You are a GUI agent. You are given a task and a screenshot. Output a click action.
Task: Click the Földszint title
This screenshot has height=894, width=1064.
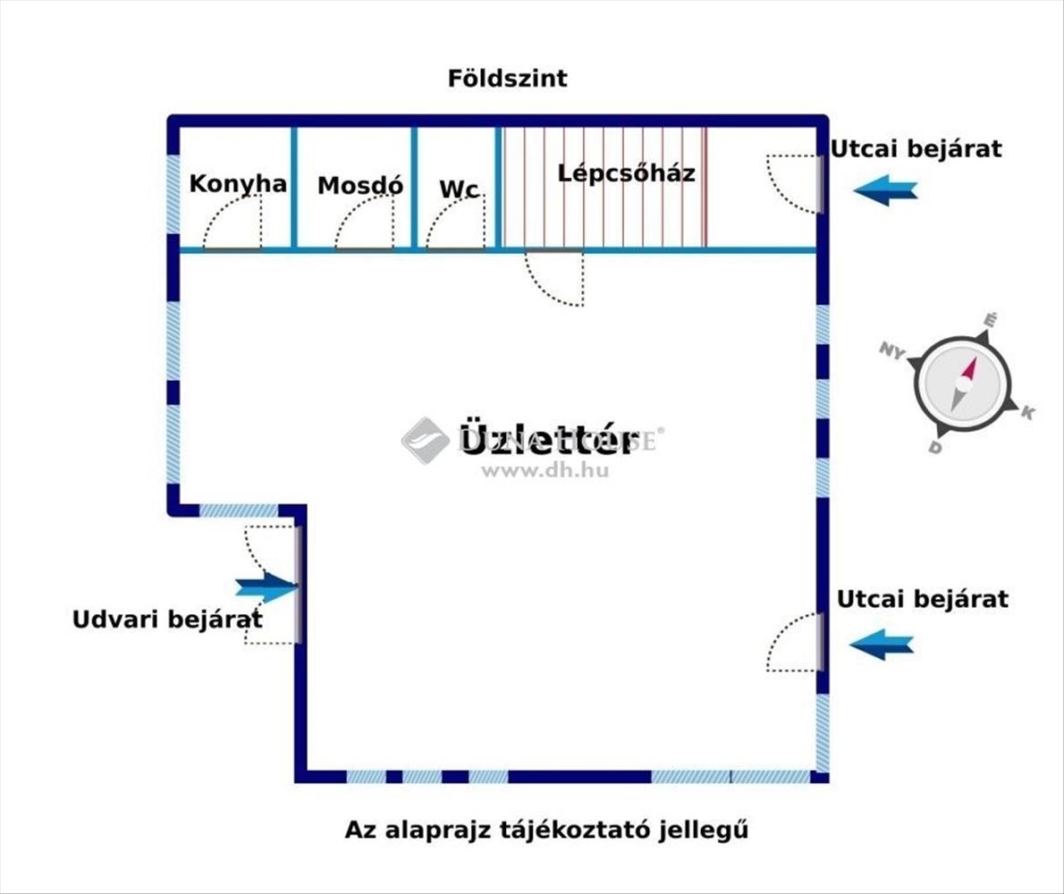point(507,79)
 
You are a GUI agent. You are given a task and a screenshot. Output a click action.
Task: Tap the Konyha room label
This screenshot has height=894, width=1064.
point(238,184)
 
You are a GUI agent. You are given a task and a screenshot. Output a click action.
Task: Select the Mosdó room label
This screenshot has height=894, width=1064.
point(360,186)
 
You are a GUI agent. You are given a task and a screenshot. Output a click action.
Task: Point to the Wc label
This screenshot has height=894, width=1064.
point(459,190)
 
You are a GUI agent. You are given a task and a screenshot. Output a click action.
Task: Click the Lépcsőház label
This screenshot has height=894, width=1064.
point(626,173)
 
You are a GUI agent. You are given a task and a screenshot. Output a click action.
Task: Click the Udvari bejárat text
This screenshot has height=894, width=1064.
point(167,619)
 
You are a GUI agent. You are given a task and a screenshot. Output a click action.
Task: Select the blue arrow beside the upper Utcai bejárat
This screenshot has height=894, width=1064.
point(885,190)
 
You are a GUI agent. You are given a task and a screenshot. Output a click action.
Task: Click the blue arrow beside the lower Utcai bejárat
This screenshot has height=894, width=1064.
point(882,644)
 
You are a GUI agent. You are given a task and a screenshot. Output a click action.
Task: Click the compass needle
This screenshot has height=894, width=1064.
point(963,384)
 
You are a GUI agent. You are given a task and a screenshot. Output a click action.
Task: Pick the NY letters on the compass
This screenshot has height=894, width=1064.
point(891,351)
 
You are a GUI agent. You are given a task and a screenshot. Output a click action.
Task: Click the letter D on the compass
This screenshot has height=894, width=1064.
point(935,447)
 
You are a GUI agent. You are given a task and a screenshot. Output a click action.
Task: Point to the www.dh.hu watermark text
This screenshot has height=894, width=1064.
point(545,470)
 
